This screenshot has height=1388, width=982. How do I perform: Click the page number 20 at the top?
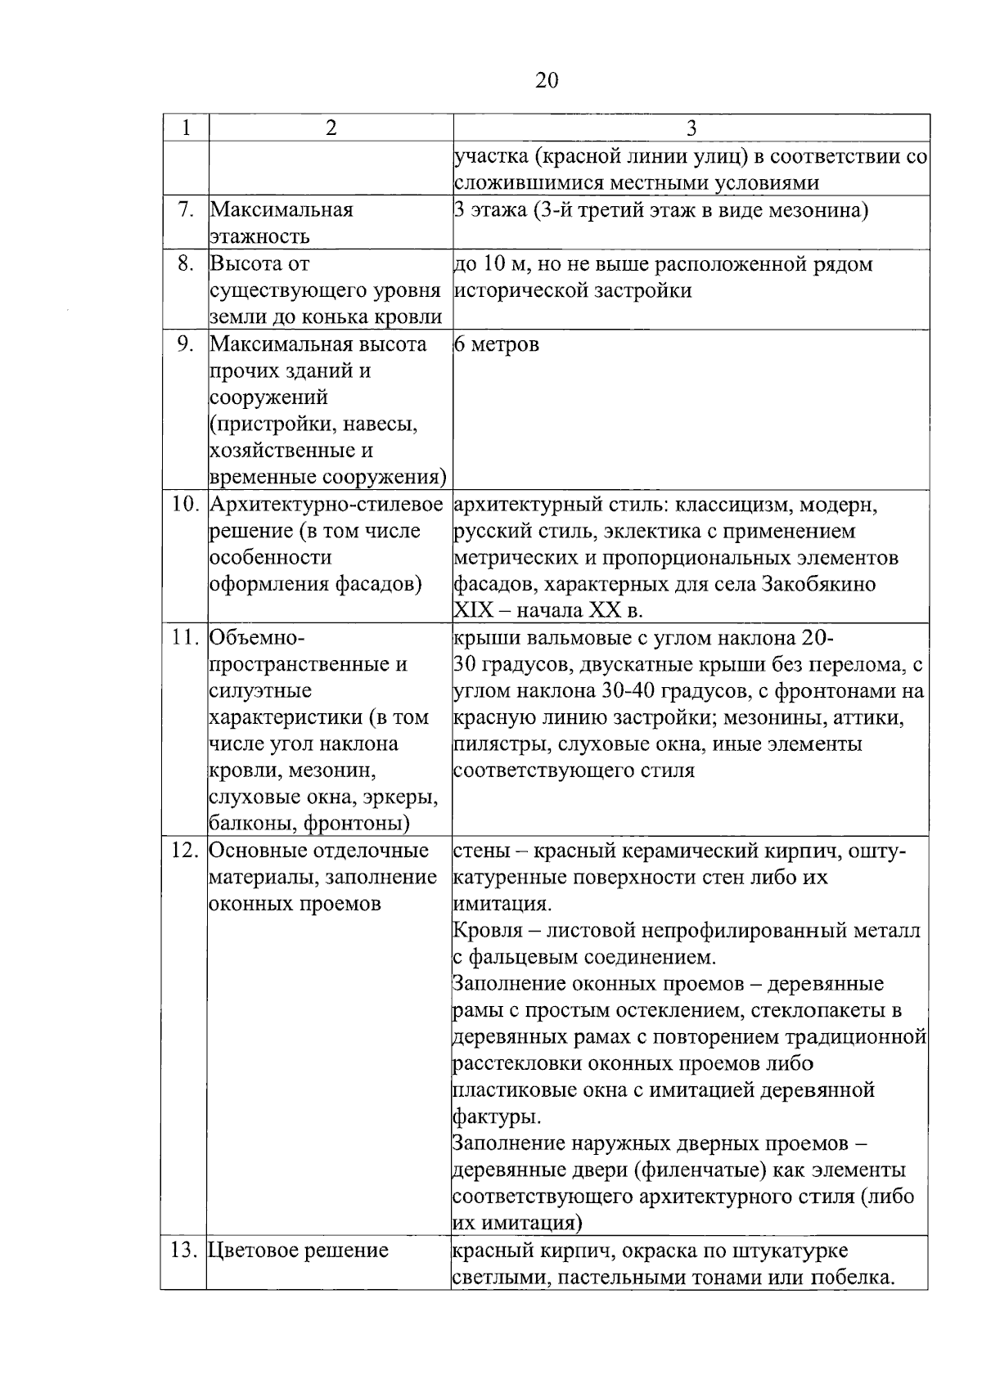click(547, 80)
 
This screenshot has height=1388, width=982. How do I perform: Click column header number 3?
click(691, 128)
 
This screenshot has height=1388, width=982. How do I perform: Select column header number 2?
click(331, 128)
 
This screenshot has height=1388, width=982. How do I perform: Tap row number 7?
click(186, 209)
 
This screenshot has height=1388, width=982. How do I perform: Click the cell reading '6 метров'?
click(496, 344)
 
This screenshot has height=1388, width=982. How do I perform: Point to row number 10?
click(186, 505)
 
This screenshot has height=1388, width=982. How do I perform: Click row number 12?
click(185, 851)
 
